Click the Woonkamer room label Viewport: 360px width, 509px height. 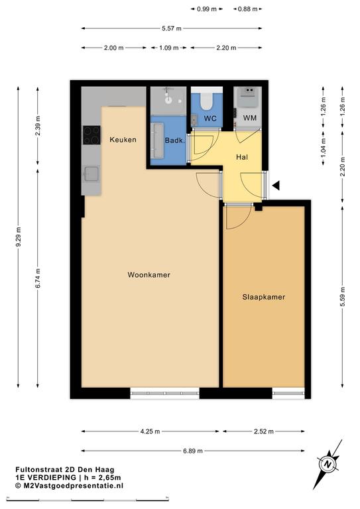[149, 275]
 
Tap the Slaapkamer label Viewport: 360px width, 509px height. [264, 297]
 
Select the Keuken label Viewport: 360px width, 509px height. [123, 140]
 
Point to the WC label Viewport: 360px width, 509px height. [210, 119]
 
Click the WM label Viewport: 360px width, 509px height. [250, 118]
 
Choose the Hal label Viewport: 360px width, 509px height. [242, 157]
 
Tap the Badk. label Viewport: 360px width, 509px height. [174, 141]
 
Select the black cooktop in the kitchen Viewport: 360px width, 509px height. [91, 135]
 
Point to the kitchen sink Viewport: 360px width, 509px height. [91, 174]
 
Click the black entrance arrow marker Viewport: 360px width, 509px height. [276, 186]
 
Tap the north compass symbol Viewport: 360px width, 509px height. [328, 464]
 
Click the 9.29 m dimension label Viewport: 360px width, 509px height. [19, 237]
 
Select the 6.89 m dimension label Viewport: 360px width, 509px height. [193, 451]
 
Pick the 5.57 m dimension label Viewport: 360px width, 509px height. [172, 28]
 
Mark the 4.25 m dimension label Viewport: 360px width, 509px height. [150, 431]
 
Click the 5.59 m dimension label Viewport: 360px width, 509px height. [343, 297]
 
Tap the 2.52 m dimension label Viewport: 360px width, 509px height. [264, 431]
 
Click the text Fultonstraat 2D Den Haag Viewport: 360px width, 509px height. [65, 469]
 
